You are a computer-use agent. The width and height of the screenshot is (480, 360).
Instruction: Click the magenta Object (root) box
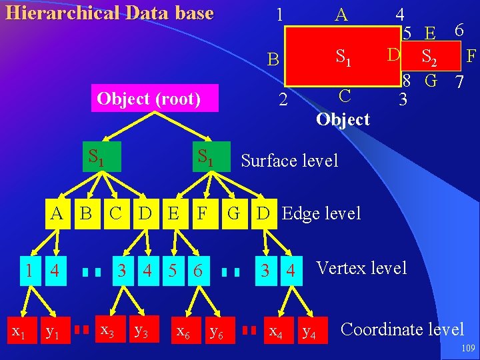click(149, 99)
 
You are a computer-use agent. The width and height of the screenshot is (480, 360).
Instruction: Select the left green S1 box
click(97, 157)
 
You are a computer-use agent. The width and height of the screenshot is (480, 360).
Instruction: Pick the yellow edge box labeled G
click(233, 214)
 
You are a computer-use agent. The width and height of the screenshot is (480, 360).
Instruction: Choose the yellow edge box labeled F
click(201, 214)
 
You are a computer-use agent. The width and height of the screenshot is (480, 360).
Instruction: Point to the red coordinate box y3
click(142, 329)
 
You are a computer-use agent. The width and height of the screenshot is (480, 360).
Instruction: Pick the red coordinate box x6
click(181, 329)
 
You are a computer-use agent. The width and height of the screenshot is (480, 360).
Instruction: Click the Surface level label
click(289, 161)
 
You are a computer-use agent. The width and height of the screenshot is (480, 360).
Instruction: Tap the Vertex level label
click(361, 268)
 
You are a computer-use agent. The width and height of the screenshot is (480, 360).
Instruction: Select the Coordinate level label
click(402, 329)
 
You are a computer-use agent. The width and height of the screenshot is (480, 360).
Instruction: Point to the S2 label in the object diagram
click(429, 57)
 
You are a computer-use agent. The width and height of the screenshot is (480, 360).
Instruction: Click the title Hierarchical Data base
click(109, 13)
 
